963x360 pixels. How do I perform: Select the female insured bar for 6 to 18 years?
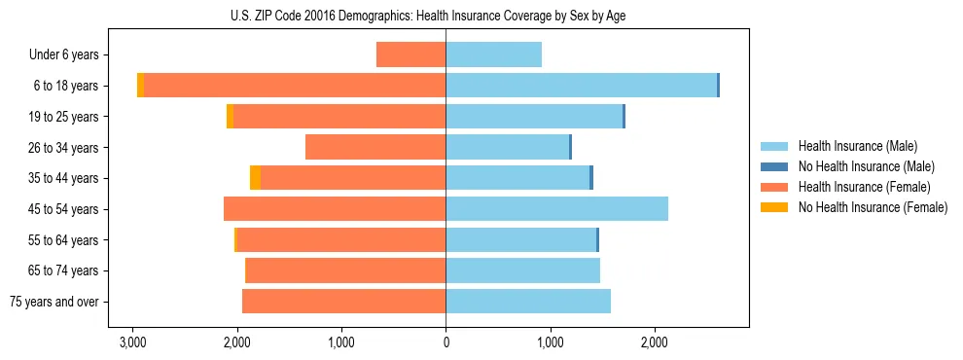[x=295, y=86]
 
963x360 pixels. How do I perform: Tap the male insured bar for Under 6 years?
[x=493, y=54]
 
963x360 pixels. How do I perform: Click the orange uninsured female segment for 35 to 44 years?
[x=255, y=178]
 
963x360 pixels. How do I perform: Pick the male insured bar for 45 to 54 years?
[x=556, y=209]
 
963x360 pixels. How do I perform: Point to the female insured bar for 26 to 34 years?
[x=375, y=147]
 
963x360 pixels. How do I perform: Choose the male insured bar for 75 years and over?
[x=528, y=302]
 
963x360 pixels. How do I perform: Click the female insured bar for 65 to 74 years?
[x=345, y=270]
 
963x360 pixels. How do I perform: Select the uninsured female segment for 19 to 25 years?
[x=230, y=117]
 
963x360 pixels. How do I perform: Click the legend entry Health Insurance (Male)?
[x=857, y=146]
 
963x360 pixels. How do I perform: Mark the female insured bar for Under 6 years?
[x=410, y=54]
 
